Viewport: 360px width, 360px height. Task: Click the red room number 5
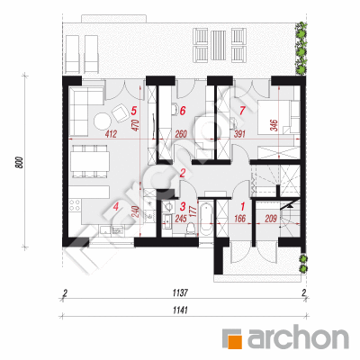point(134,111)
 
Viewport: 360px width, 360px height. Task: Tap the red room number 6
point(183,111)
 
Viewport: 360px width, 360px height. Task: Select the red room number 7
point(242,111)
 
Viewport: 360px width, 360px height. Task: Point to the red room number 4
point(116,206)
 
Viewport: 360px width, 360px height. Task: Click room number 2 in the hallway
point(182,173)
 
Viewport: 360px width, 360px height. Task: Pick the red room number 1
point(243,206)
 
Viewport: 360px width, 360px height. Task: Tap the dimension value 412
point(111,134)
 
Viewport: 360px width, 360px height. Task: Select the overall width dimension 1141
point(181,310)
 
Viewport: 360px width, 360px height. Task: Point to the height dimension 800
point(19,162)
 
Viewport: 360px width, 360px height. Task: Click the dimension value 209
point(271,219)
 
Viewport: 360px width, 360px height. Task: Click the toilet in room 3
point(191,229)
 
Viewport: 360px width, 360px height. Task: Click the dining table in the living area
point(89,161)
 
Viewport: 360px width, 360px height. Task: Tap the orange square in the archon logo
point(234,340)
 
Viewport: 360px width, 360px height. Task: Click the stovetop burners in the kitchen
point(75,205)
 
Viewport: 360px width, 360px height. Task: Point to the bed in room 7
point(274,116)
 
